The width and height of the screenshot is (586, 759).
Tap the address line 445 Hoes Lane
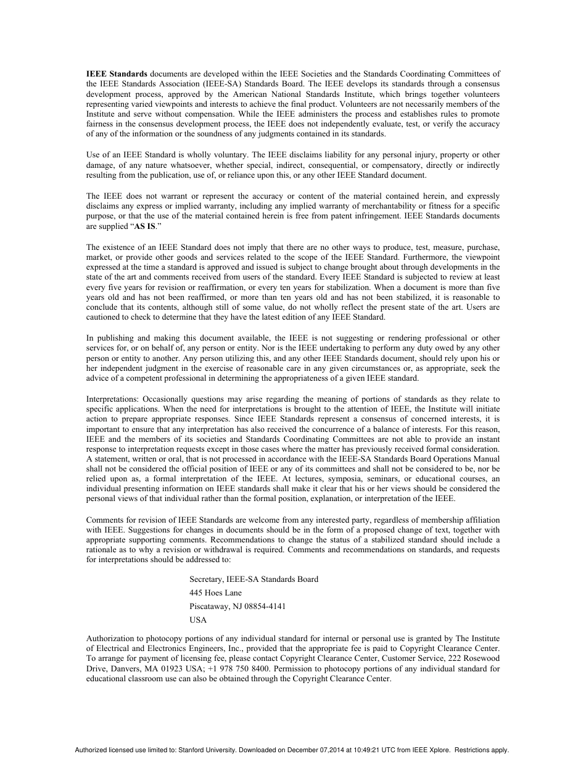pos(216,592)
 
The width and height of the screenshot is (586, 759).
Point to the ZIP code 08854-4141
pos(265,607)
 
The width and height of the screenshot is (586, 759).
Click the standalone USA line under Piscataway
pos(198,620)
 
